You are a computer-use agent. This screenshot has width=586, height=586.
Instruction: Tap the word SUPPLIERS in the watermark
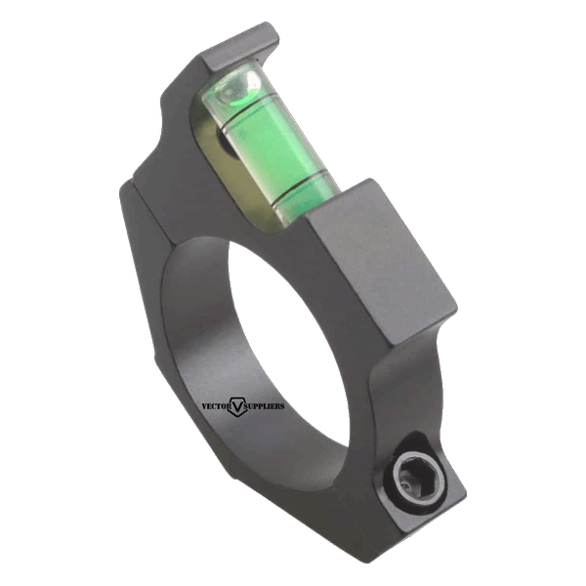point(265,406)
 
